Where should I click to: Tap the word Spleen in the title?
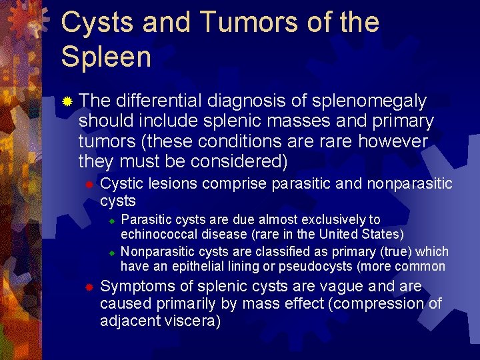[106, 57]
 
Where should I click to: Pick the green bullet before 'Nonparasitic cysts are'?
[113, 253]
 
